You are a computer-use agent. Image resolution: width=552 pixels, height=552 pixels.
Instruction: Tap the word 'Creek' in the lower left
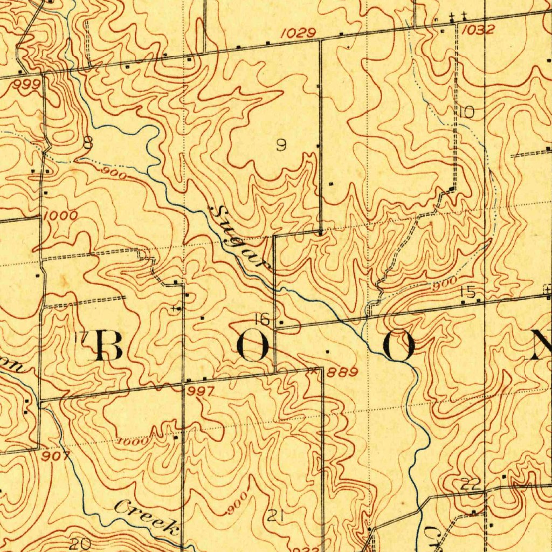click(147, 516)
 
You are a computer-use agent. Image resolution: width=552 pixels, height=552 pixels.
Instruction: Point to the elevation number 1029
click(298, 33)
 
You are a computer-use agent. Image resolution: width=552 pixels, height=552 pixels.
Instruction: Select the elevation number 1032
click(478, 30)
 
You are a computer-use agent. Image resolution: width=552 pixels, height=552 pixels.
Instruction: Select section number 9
click(281, 144)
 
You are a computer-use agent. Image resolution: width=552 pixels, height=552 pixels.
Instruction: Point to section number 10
click(466, 112)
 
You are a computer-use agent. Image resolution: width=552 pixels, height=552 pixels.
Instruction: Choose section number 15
click(467, 292)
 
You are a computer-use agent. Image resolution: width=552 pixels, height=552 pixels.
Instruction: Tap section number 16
click(262, 319)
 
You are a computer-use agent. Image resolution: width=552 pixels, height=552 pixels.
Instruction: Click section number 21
click(275, 516)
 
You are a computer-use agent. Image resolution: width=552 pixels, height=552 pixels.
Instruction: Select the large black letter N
click(542, 345)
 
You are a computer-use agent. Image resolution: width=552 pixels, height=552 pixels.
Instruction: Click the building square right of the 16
click(281, 322)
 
